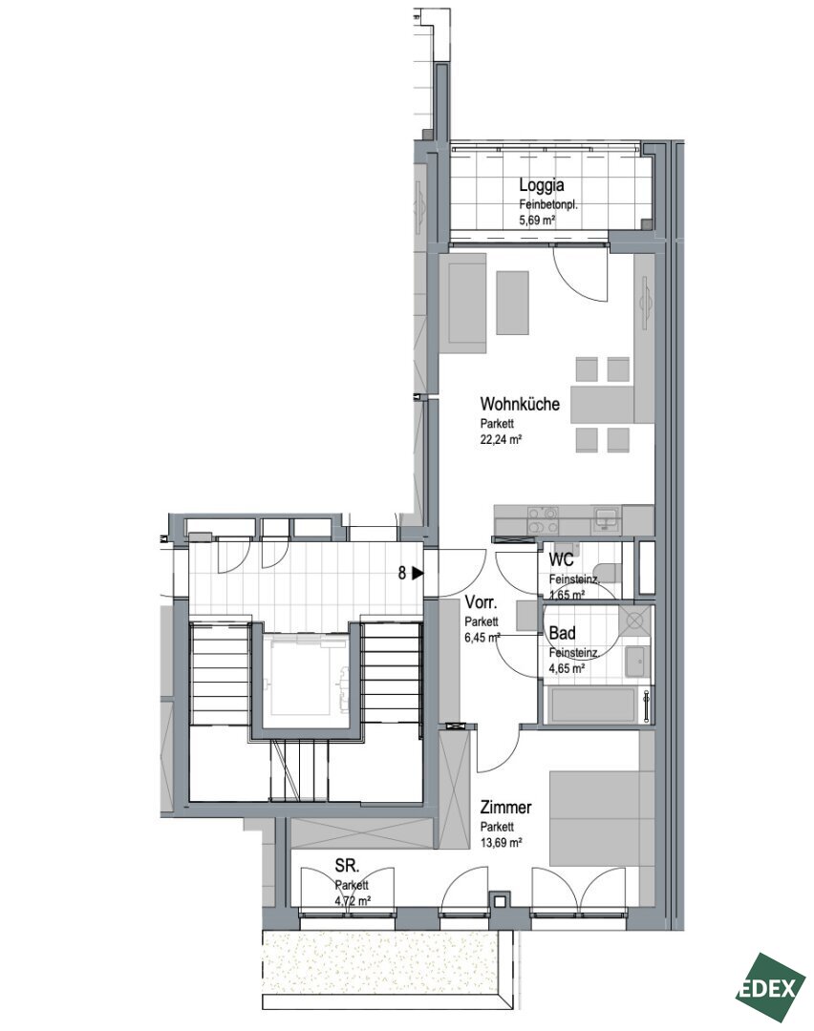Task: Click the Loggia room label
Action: (541, 185)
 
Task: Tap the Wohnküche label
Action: (520, 403)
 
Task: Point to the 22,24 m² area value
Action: (501, 440)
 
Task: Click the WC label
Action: (562, 560)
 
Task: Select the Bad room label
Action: (562, 633)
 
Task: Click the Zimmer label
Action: (505, 807)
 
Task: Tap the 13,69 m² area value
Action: (501, 842)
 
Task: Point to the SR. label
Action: (347, 865)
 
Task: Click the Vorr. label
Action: (481, 602)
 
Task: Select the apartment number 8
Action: (402, 574)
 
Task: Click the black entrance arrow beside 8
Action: (418, 574)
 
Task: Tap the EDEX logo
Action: (771, 987)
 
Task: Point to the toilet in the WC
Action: (608, 574)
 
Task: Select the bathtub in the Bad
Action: (591, 705)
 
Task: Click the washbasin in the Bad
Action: (636, 661)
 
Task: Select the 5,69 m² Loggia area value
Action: (537, 221)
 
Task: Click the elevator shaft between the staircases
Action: (305, 677)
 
